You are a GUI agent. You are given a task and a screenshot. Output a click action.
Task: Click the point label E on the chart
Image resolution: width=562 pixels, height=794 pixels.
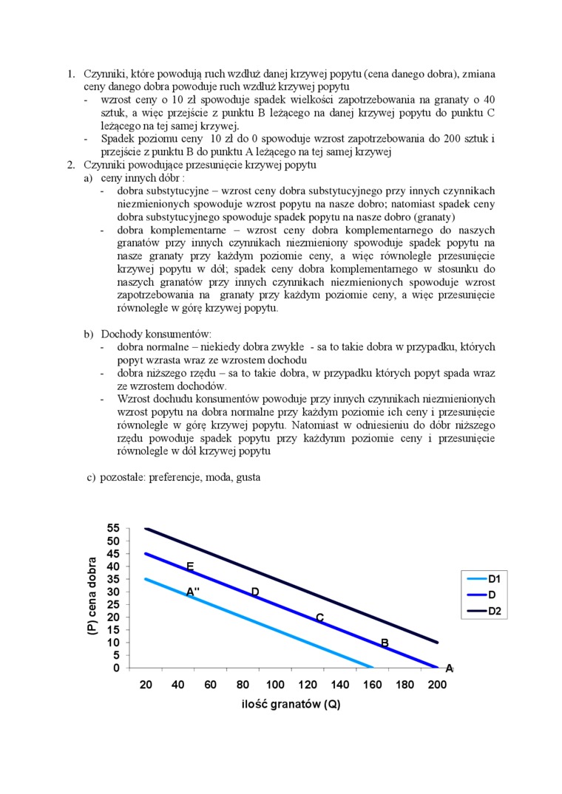(x=190, y=567)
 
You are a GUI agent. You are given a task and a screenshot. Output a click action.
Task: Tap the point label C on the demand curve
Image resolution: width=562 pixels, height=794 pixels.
(x=319, y=617)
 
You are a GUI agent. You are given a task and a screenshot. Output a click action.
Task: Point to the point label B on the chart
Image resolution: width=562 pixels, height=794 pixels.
(x=385, y=643)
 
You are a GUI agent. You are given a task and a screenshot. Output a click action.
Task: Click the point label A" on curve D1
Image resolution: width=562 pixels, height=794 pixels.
(x=193, y=592)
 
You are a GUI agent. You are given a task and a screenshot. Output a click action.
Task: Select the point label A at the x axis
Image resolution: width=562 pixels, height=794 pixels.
(x=449, y=668)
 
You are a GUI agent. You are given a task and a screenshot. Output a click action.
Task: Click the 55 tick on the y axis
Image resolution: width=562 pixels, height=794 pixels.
(x=113, y=528)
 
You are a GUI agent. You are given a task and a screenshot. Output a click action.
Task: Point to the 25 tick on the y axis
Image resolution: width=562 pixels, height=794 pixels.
(x=113, y=604)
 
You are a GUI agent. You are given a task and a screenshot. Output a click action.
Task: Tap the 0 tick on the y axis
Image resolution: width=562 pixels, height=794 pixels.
(x=116, y=668)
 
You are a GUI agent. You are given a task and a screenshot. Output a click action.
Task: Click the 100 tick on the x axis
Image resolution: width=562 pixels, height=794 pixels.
(x=275, y=684)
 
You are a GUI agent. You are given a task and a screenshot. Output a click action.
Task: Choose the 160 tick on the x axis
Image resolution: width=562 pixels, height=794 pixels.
(x=373, y=684)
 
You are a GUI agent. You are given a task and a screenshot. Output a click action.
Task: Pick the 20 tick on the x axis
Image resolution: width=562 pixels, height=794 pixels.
(x=146, y=684)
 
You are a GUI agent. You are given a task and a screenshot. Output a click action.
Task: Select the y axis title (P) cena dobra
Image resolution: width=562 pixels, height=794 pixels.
(x=92, y=598)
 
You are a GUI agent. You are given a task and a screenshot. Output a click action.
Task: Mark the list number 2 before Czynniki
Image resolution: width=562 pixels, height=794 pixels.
(x=71, y=165)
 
